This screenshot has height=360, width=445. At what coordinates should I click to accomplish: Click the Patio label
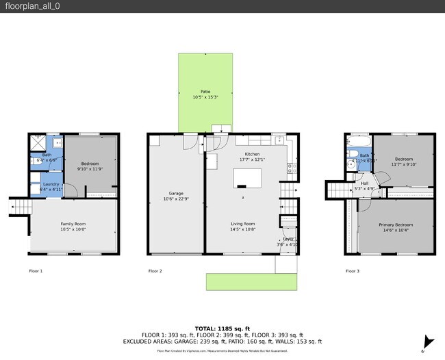[205, 91]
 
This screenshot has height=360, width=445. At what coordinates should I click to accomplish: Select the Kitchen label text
[253, 155]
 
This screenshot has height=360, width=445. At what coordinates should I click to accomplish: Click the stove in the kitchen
[291, 166]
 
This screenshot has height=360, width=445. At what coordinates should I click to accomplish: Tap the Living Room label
[242, 224]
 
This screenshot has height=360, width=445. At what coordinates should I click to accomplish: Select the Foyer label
[288, 239]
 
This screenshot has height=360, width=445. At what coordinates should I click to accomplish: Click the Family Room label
[73, 224]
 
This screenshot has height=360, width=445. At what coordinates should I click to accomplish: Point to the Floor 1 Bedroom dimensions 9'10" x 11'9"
[90, 168]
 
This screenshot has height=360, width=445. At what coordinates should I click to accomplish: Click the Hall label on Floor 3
[365, 183]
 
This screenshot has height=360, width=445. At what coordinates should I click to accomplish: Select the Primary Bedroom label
[396, 224]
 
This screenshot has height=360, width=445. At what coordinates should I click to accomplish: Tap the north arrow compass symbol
[429, 342]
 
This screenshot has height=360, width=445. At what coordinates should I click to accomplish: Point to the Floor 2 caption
[155, 271]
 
